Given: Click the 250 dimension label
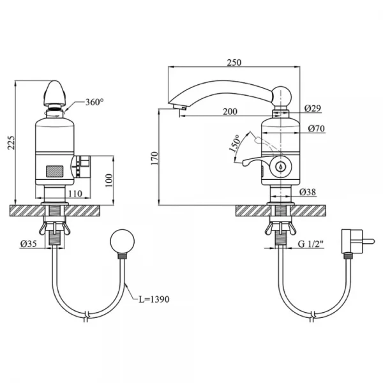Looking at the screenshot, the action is (x=234, y=63).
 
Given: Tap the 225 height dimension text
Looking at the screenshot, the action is (x=11, y=142).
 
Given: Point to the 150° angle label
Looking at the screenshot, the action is (x=235, y=144).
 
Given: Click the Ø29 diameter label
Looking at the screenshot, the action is (x=313, y=108).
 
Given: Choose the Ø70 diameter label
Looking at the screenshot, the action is (x=317, y=128).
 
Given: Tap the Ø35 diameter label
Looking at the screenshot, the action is (x=28, y=244).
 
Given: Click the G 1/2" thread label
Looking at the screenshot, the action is (x=311, y=244).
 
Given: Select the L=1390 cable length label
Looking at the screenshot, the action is (x=154, y=299).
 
